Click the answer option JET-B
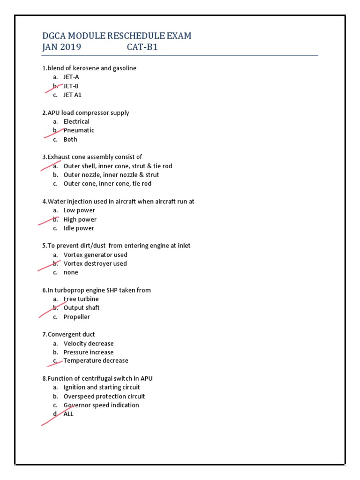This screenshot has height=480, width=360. pyautogui.click(x=71, y=86)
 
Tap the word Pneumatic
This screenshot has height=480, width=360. pyautogui.click(x=79, y=130)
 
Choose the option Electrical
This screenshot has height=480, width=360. pyautogui.click(x=76, y=121)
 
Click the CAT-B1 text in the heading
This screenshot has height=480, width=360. pyautogui.click(x=142, y=47)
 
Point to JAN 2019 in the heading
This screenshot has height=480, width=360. pyautogui.click(x=61, y=47)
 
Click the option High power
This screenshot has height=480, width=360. pyautogui.click(x=80, y=219)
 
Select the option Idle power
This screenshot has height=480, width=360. pyautogui.click(x=79, y=228)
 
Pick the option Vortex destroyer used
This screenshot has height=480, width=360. pyautogui.click(x=95, y=263)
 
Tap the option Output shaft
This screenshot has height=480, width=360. pyautogui.click(x=82, y=307)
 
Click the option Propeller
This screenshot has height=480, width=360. pyautogui.click(x=76, y=317)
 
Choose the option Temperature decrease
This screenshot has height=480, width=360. pyautogui.click(x=96, y=360)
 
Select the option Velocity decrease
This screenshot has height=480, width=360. pyautogui.click(x=89, y=344)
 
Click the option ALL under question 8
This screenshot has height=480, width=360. pyautogui.click(x=68, y=414)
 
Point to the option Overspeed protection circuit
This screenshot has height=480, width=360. pyautogui.click(x=104, y=396)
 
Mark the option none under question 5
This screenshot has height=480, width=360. pyautogui.click(x=71, y=272)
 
